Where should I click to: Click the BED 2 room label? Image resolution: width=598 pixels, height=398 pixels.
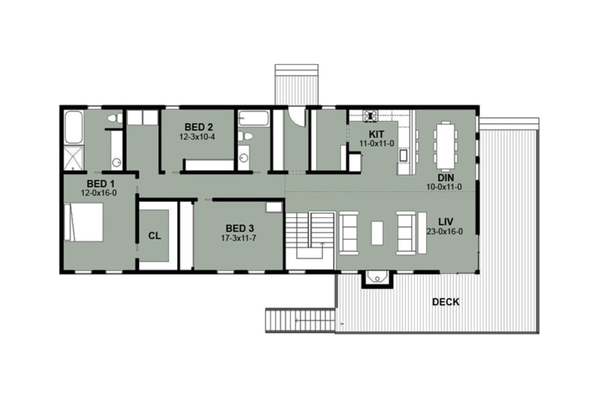[x=198, y=127]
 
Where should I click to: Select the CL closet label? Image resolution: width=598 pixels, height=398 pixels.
[x=154, y=236]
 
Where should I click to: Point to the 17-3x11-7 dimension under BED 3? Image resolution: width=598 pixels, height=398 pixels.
[x=239, y=238]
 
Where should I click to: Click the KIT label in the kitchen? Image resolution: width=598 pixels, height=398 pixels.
[x=367, y=134]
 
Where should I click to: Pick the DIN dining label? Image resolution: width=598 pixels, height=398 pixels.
[x=447, y=177]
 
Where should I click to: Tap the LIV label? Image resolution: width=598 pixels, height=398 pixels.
[x=447, y=222]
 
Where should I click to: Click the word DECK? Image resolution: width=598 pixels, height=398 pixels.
[x=446, y=302]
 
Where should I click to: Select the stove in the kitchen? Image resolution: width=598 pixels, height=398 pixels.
[x=370, y=116]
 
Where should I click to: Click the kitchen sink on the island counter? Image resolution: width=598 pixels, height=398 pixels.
[x=403, y=155]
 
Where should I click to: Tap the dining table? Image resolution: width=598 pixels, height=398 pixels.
[x=446, y=141]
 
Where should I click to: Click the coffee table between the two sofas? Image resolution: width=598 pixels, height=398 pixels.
[x=377, y=233]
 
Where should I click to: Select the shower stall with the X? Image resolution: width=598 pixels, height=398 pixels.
[x=74, y=158]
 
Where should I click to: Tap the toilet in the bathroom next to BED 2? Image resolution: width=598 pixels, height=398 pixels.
[x=247, y=137]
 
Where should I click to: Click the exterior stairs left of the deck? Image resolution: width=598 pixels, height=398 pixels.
[x=300, y=320]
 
